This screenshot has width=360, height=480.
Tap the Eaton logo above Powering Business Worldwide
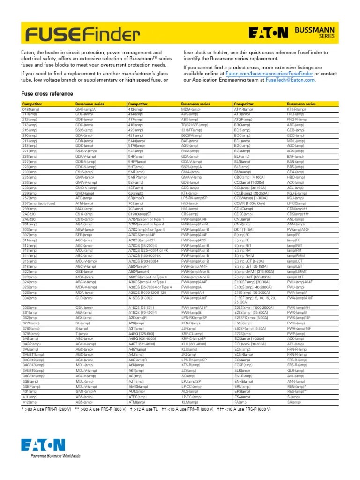43,445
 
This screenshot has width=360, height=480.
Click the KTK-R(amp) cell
296,109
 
